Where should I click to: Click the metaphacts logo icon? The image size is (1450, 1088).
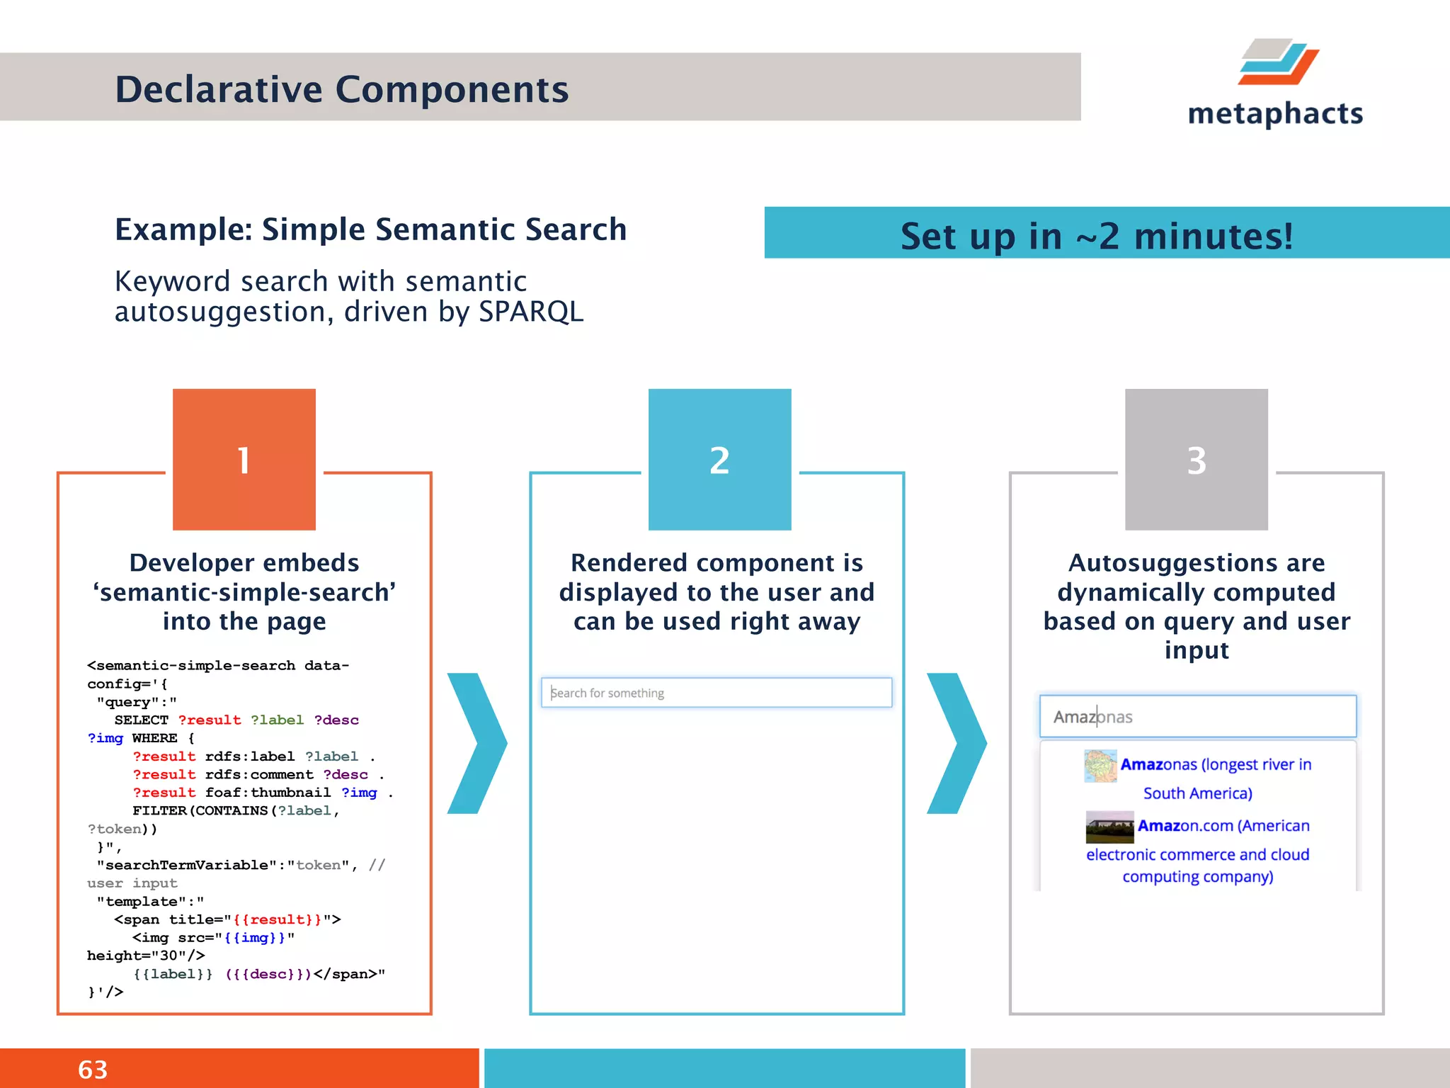pyautogui.click(x=1278, y=62)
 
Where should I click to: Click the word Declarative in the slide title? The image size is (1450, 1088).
pyautogui.click(x=219, y=90)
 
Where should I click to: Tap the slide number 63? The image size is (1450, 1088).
pyautogui.click(x=93, y=1070)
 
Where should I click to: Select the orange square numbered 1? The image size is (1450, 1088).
pyautogui.click(x=244, y=460)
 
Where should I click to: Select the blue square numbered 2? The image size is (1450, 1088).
pyautogui.click(x=719, y=460)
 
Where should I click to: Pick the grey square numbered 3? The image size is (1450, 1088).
pyautogui.click(x=1196, y=460)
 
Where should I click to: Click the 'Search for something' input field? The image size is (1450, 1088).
pyautogui.click(x=716, y=693)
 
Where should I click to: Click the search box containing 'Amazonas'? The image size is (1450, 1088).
pyautogui.click(x=1197, y=717)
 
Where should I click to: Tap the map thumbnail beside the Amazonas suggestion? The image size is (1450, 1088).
pyautogui.click(x=1100, y=766)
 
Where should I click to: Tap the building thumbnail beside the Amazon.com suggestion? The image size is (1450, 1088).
pyautogui.click(x=1109, y=827)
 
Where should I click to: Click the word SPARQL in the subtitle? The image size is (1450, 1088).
pyautogui.click(x=531, y=312)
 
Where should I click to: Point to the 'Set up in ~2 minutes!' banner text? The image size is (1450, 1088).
pyautogui.click(x=1096, y=236)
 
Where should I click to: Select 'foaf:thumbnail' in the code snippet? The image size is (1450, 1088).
pyautogui.click(x=268, y=793)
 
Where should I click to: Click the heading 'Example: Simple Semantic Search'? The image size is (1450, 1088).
pyautogui.click(x=370, y=229)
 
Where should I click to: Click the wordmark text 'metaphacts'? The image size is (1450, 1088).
pyautogui.click(x=1275, y=114)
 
